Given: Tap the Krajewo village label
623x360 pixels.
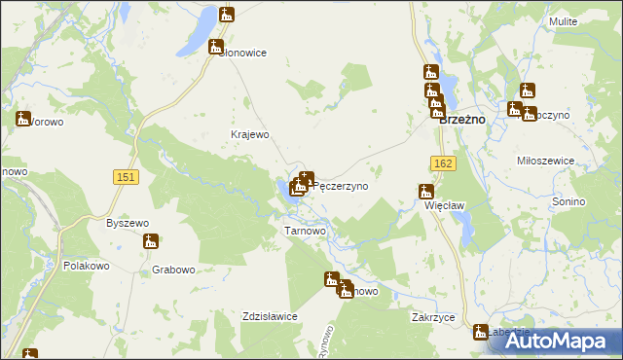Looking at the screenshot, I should coord(248,135).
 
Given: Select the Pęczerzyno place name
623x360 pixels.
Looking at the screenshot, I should coord(341,186).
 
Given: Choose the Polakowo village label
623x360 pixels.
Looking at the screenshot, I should coord(87,266).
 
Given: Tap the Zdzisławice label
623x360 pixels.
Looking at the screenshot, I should coord(269,315).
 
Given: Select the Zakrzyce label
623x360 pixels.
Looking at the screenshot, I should coord(434,317).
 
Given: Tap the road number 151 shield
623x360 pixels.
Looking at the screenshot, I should coord(125,176).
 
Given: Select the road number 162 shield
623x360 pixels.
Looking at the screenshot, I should coord(443,166).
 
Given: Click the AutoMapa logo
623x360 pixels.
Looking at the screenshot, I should coord(568,341).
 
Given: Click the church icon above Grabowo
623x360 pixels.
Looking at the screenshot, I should coord(150,242).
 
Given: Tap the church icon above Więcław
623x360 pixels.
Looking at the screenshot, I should coord(425,192).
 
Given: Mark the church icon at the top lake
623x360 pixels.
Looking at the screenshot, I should coord(227,15).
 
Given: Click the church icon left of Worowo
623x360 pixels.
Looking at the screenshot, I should coord(22,119).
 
